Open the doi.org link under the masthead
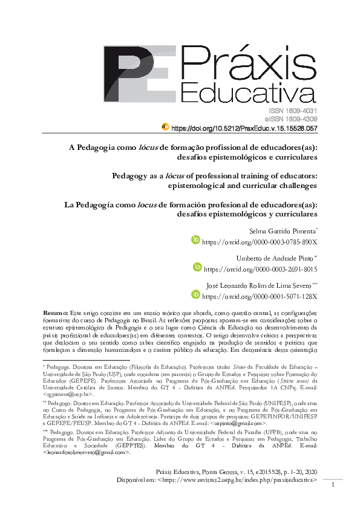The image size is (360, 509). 244,129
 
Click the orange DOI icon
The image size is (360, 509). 165,127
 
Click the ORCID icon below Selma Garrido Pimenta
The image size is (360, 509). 195,241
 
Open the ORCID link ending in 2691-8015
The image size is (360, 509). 260,268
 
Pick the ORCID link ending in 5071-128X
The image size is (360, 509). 260,296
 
